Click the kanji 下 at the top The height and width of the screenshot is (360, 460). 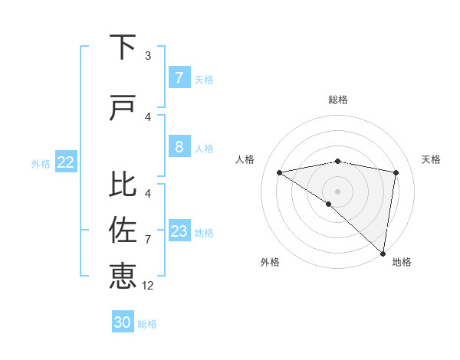click(x=123, y=47)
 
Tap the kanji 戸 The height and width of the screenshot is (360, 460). click(x=123, y=108)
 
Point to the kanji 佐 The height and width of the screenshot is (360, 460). click(x=123, y=231)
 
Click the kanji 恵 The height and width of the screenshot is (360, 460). click(x=123, y=276)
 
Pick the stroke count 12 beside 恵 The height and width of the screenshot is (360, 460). click(x=148, y=286)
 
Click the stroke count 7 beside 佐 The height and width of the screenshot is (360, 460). click(x=148, y=240)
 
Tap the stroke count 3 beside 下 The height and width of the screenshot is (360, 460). click(x=148, y=56)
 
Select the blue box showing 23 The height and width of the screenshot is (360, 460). click(x=179, y=231)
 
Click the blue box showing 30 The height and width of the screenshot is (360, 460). click(x=123, y=322)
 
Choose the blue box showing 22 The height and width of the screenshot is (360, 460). click(x=66, y=162)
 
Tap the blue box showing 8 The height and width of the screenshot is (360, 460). click(x=179, y=147)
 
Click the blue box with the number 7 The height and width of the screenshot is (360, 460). click(x=179, y=78)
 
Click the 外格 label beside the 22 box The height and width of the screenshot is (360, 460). click(x=41, y=163)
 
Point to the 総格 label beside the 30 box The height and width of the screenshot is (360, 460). click(x=147, y=324)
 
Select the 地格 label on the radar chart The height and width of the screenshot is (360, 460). click(x=402, y=263)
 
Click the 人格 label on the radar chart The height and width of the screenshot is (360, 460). click(x=245, y=159)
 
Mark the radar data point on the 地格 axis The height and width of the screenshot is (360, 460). click(x=383, y=254)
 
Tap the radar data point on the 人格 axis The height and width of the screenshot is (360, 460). click(x=280, y=172)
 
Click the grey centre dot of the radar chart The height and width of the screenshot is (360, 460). click(x=337, y=190)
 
